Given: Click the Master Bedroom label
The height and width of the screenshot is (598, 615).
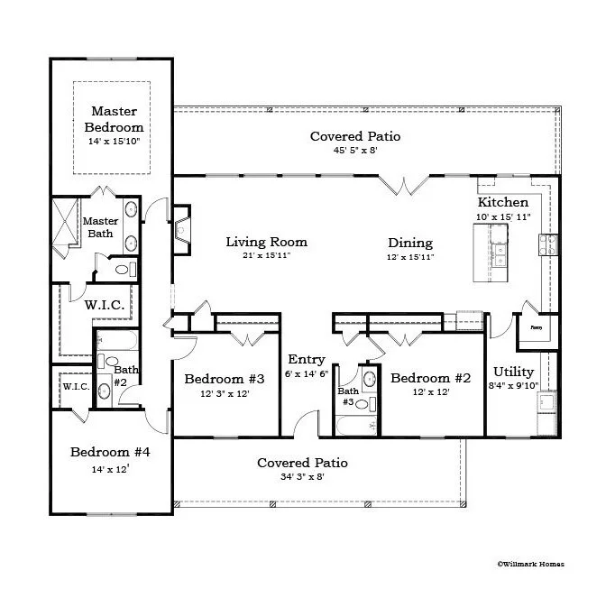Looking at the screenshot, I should pyautogui.click(x=114, y=119).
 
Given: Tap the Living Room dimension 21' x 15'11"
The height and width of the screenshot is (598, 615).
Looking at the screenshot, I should pyautogui.click(x=266, y=256).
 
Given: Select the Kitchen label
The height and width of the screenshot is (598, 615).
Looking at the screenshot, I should pyautogui.click(x=502, y=202).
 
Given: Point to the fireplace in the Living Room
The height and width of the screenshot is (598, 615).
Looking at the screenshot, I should pyautogui.click(x=182, y=230).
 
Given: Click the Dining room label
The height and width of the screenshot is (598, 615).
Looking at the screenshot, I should pyautogui.click(x=409, y=243).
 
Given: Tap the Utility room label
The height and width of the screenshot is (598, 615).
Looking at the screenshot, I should pyautogui.click(x=513, y=372).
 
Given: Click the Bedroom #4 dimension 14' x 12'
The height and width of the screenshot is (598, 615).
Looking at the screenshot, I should pyautogui.click(x=109, y=469).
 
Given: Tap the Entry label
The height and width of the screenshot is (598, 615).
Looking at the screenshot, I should pyautogui.click(x=306, y=360).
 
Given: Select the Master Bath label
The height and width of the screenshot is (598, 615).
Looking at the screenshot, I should pyautogui.click(x=100, y=227).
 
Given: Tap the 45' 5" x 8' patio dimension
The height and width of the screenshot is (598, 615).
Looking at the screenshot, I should pyautogui.click(x=354, y=151).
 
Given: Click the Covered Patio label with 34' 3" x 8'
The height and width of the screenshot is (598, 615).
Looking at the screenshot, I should pyautogui.click(x=302, y=463).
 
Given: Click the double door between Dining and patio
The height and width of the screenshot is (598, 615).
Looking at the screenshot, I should pyautogui.click(x=403, y=184).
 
